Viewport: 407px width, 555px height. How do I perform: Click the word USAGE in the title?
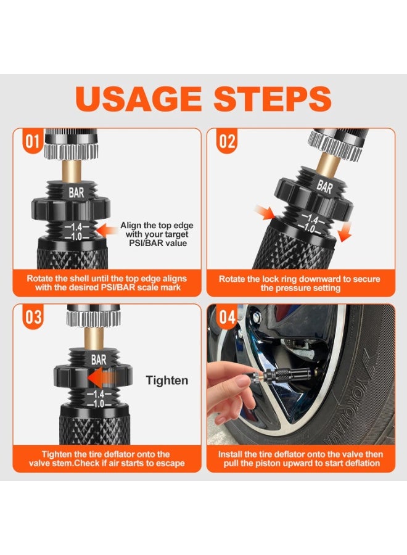pyautogui.click(x=139, y=99)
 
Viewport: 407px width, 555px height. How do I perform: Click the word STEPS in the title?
pyautogui.click(x=273, y=99)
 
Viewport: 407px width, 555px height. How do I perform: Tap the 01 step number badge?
pyautogui.click(x=32, y=142)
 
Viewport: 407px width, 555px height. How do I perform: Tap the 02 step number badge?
pyautogui.click(x=227, y=142)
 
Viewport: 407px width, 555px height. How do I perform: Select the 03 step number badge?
pyautogui.click(x=33, y=317)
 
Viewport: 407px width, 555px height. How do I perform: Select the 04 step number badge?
pyautogui.click(x=227, y=317)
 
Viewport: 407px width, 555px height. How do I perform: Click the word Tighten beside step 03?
pyautogui.click(x=167, y=380)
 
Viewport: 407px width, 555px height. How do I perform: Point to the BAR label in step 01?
pyautogui.click(x=76, y=192)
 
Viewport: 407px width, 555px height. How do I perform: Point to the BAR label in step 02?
pyautogui.click(x=324, y=186)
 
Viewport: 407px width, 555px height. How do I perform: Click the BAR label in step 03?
pyautogui.click(x=99, y=360)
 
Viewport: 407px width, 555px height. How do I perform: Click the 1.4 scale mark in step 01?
pyautogui.click(x=76, y=226)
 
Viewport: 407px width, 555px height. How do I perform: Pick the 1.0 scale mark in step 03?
pyautogui.click(x=99, y=403)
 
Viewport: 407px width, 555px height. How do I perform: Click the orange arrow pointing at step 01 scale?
pyautogui.click(x=107, y=230)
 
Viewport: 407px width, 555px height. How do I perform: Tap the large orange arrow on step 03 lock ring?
pyautogui.click(x=100, y=378)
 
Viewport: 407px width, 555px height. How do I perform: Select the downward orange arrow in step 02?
pyautogui.click(x=344, y=234)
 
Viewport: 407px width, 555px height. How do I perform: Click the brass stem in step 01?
pyautogui.click(x=73, y=171)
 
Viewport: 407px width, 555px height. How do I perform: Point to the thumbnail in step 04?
pyautogui.click(x=244, y=382)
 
